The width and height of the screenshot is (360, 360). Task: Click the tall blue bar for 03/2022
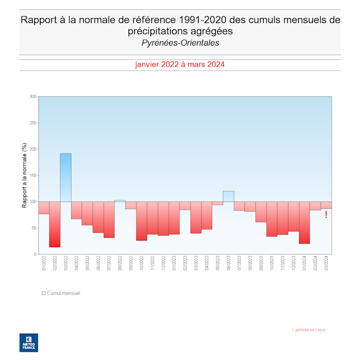pos(66,178)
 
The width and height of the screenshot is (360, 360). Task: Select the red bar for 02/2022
pos(55,224)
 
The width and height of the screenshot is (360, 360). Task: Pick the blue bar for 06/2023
pos(228,196)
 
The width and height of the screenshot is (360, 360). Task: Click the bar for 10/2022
pos(142,221)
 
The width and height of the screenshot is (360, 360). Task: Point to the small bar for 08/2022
pos(120,201)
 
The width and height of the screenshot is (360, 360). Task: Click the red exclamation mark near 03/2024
pos(326,215)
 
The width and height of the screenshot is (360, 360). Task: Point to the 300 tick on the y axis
pos(33,96)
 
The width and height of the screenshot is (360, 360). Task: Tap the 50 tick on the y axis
pos(34,228)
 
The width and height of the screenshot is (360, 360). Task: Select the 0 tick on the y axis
pos(35,254)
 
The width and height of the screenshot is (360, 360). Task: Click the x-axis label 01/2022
pos(44,264)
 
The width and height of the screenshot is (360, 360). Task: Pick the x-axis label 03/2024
pos(326,264)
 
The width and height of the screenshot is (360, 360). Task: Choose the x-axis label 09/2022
pos(131,264)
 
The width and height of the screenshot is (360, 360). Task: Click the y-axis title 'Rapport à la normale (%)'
pos(24,175)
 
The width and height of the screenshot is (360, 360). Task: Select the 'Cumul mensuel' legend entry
pos(61,293)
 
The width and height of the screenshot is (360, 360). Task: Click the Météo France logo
pos(28,342)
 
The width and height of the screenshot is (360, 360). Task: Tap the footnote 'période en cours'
pos(310,330)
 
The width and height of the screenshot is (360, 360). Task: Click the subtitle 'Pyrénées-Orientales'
pos(180,43)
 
